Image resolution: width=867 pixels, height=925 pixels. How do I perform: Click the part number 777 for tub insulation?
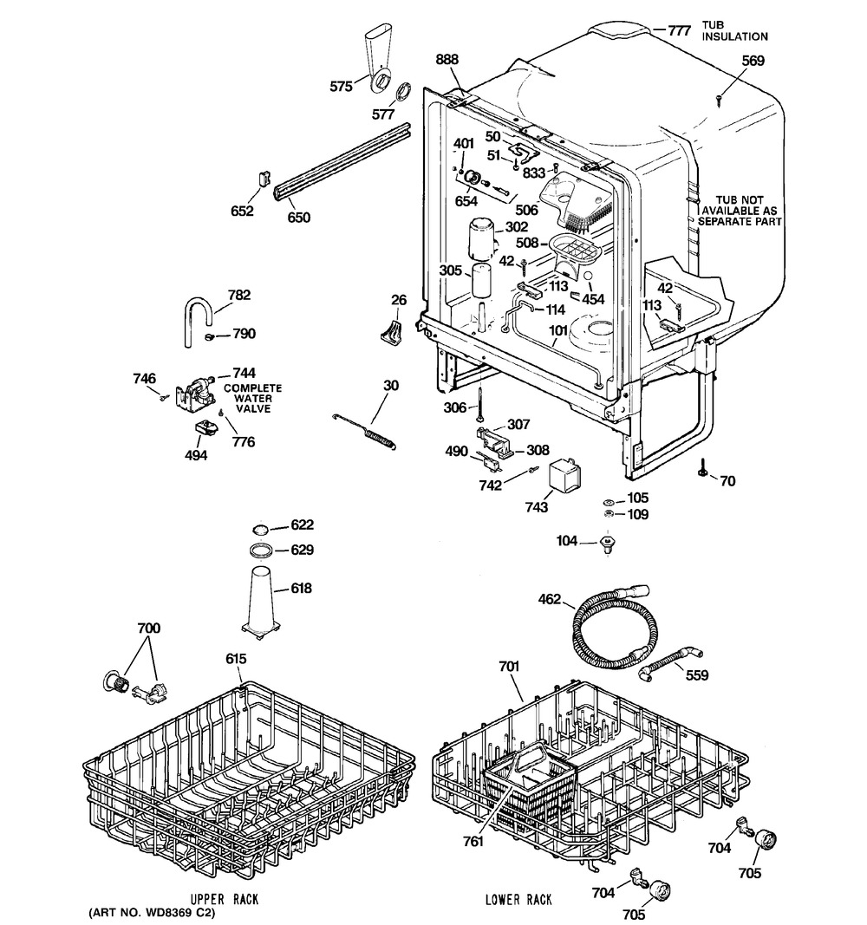point(679,30)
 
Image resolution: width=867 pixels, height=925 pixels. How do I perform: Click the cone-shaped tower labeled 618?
point(261,601)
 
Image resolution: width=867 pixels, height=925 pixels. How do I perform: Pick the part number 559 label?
point(696,674)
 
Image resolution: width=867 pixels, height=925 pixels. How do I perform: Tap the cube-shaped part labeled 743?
point(564,476)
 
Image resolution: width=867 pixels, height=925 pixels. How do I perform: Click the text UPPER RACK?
point(225,899)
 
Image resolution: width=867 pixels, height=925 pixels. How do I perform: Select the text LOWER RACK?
point(518,899)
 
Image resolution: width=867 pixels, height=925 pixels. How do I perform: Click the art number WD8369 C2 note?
point(153,913)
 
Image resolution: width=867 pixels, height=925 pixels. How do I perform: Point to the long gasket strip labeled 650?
point(342,162)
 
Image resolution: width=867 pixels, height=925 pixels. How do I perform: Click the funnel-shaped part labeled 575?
point(378,57)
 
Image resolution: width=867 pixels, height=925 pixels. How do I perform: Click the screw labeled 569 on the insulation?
point(720,101)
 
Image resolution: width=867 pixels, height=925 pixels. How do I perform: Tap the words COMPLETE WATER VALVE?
point(253,398)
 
